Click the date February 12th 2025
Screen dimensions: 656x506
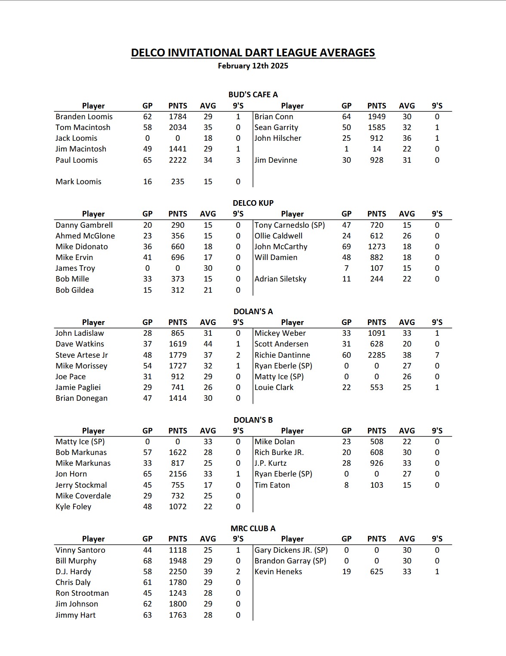pos(253,66)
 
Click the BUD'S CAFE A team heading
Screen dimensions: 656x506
pos(253,95)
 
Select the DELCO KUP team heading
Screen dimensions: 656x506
pos(253,203)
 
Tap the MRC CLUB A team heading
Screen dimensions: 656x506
pos(253,529)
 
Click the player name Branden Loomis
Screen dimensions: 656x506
pos(84,117)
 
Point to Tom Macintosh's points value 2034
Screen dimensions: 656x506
pos(178,127)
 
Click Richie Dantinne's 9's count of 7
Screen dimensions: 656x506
pos(437,355)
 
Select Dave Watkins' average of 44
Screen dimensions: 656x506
pos(208,344)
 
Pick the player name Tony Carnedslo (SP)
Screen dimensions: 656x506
pos(290,225)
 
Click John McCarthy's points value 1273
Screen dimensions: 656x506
pos(376,247)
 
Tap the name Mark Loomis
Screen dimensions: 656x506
pos(78,182)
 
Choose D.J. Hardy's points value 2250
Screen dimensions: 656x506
pos(178,572)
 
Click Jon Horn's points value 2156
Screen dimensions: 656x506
pos(178,474)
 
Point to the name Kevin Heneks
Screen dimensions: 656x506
pos(278,572)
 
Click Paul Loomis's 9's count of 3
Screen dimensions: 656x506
pos(238,160)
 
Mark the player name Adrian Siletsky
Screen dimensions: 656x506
pos(280,279)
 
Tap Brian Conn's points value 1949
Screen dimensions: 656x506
pos(376,117)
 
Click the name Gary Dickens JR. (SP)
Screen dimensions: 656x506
pos(291,550)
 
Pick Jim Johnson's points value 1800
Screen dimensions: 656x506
pos(178,604)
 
